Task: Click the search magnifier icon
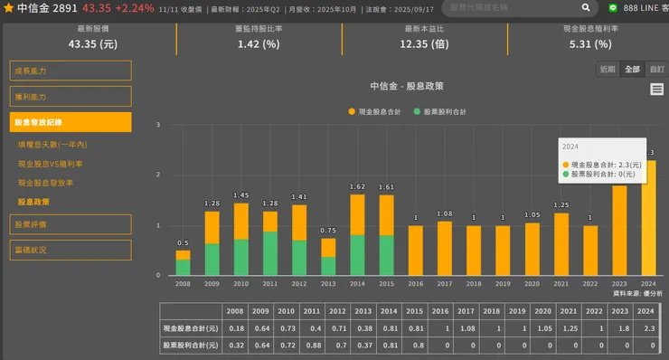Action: click(586, 7)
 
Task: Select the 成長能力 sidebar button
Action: click(71, 71)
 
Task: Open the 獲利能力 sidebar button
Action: click(71, 96)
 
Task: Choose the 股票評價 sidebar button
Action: click(71, 223)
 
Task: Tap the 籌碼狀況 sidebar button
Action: click(71, 249)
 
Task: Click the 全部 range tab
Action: click(632, 70)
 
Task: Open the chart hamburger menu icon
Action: click(656, 90)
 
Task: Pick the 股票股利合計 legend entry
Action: click(444, 111)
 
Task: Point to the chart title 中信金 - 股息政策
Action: click(407, 87)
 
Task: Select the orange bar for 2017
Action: click(444, 248)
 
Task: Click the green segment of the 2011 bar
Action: click(269, 253)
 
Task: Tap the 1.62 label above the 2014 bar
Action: click(357, 187)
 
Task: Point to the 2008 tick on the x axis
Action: click(183, 283)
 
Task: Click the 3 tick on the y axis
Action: click(157, 125)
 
